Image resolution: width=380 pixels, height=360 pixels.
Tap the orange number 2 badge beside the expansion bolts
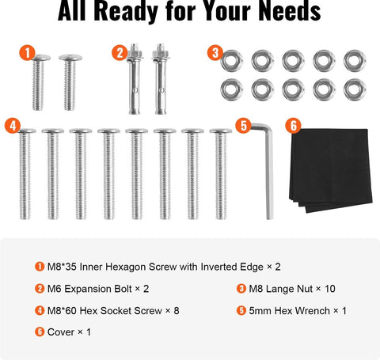click(x=120, y=53)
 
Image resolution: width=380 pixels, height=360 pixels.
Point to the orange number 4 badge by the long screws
click(x=11, y=125)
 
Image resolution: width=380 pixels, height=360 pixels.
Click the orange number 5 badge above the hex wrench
click(x=243, y=125)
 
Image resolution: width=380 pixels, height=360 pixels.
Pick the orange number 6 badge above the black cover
click(x=292, y=125)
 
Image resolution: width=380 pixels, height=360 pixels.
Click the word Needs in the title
click(x=281, y=13)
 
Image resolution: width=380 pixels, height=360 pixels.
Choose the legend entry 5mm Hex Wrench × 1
click(x=297, y=310)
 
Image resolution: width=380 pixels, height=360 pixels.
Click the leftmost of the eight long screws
click(x=26, y=176)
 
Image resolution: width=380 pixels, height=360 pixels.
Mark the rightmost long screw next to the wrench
click(x=220, y=176)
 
